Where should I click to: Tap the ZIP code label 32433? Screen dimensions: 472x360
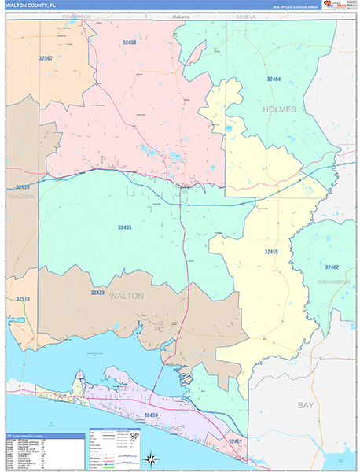(x=129, y=42)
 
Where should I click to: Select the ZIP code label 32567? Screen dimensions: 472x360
(x=46, y=58)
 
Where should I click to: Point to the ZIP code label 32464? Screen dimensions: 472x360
(x=274, y=79)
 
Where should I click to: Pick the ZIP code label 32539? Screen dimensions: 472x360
(x=22, y=187)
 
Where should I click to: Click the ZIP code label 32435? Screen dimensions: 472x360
(x=124, y=227)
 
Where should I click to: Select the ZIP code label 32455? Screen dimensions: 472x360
(x=271, y=251)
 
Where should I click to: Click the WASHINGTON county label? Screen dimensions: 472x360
(x=334, y=281)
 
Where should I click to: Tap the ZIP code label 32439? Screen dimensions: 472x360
(x=97, y=292)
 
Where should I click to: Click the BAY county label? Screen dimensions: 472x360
(x=305, y=404)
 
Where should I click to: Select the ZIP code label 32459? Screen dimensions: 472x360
(x=151, y=414)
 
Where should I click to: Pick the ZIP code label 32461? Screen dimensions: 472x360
(x=236, y=441)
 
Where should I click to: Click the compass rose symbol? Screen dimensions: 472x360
(x=150, y=455)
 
